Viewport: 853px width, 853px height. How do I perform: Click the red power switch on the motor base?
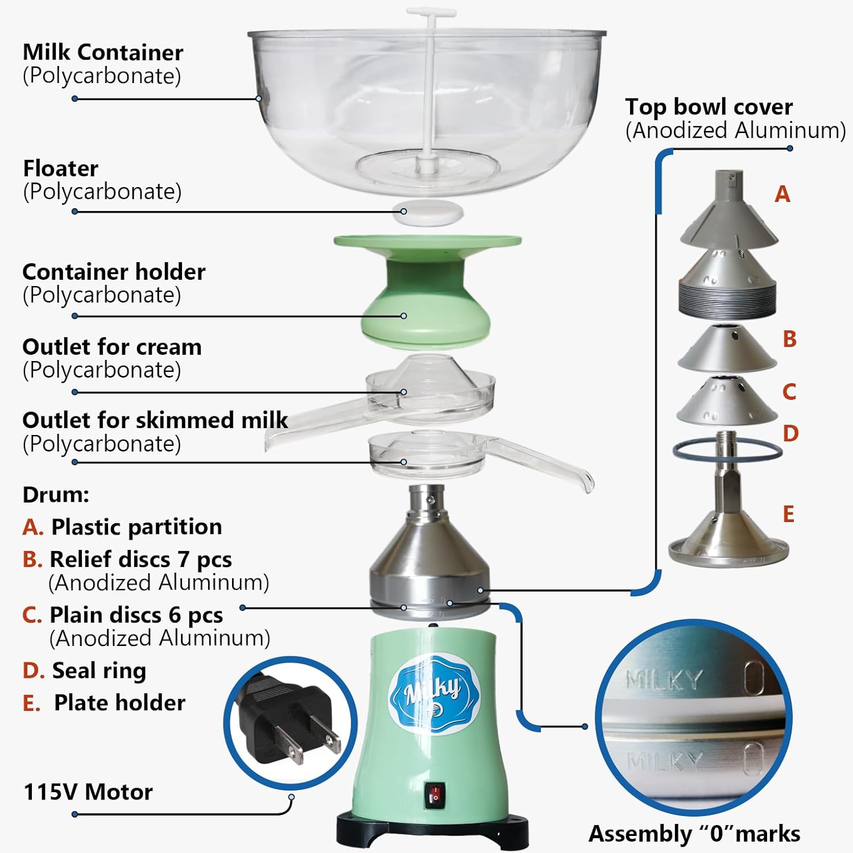click(x=436, y=796)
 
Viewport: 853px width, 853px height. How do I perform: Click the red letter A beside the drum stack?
click(x=782, y=194)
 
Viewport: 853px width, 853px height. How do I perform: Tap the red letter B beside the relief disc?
click(x=789, y=339)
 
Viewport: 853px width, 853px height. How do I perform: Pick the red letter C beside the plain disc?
click(x=789, y=392)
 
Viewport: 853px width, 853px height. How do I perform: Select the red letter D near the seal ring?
click(x=790, y=433)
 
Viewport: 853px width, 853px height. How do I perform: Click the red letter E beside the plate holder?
click(x=788, y=514)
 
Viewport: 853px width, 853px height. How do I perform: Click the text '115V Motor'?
click(x=88, y=792)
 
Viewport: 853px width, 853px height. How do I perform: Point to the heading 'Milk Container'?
click(x=103, y=52)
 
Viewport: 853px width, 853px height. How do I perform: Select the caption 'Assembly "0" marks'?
click(x=694, y=834)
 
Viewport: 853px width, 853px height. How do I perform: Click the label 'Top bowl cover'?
click(x=709, y=107)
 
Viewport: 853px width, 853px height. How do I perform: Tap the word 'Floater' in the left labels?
click(x=60, y=168)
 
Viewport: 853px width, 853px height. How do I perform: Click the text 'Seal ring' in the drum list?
click(x=99, y=670)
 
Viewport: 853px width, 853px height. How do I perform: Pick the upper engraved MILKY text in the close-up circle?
click(x=664, y=679)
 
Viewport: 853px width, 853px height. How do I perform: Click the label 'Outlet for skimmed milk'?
click(x=155, y=420)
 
